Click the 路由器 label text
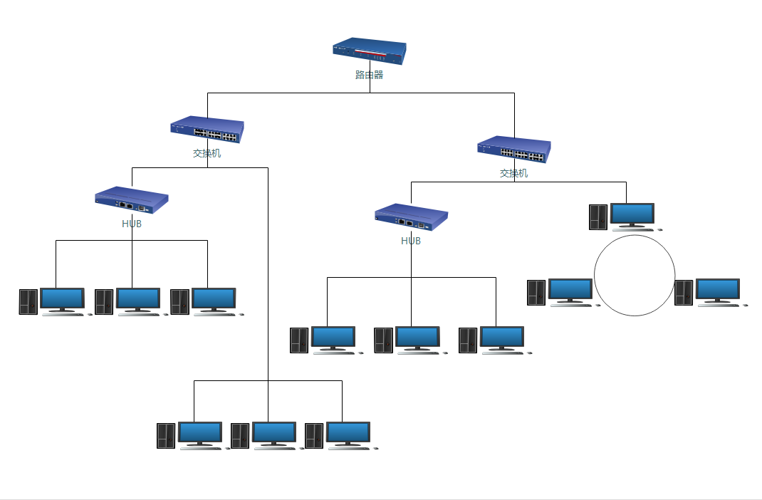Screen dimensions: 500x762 [369, 75]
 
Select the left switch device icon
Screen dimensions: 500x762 [207, 130]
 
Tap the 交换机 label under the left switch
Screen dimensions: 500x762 [207, 153]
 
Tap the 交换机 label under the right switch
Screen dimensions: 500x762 [514, 173]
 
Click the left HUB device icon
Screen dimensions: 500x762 [132, 200]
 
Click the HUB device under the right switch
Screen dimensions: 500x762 [411, 217]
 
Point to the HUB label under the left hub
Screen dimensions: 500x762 [132, 224]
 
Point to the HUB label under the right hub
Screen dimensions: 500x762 [411, 241]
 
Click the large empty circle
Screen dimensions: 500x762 [634, 276]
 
